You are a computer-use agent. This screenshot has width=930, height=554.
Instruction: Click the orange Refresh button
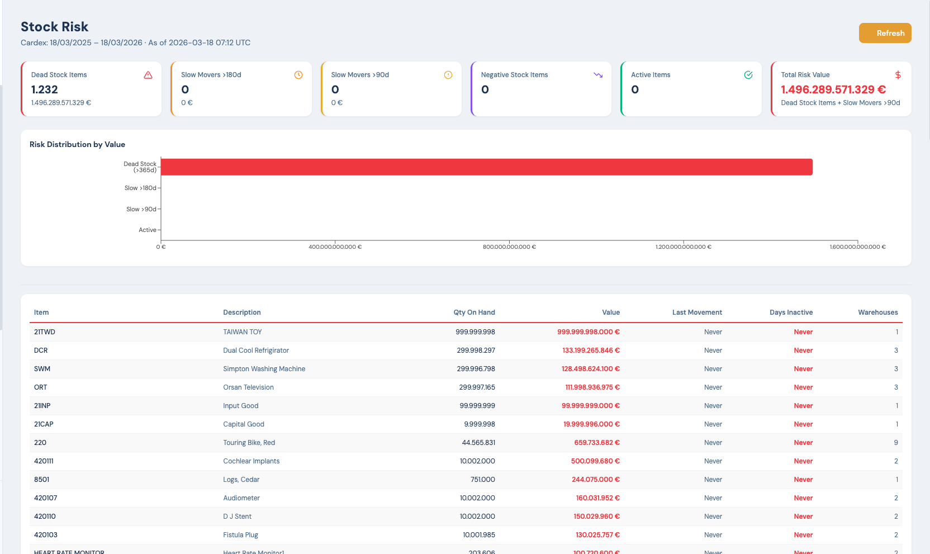(x=885, y=33)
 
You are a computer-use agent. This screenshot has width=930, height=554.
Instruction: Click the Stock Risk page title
(x=55, y=27)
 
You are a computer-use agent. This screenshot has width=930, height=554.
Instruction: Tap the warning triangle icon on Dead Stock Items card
(x=148, y=75)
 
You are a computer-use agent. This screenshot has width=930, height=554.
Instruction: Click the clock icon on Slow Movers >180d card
(x=298, y=75)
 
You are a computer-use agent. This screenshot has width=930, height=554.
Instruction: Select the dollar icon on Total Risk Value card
(x=898, y=75)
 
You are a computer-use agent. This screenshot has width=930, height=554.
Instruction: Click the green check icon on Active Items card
(x=748, y=75)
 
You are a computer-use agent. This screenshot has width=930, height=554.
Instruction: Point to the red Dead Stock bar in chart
(x=486, y=167)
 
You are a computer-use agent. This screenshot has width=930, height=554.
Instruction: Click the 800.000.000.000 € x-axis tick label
(x=509, y=247)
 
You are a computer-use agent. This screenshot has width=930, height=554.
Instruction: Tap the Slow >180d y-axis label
(x=140, y=188)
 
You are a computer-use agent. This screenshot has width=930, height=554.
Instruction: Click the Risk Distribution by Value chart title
(x=77, y=144)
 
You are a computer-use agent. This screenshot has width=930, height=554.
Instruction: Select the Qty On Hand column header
(x=474, y=312)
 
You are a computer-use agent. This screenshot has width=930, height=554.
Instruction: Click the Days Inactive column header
(x=791, y=312)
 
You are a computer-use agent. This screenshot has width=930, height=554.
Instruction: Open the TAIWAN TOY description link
(x=243, y=332)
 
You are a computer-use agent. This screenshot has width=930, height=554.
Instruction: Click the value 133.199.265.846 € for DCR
(x=591, y=351)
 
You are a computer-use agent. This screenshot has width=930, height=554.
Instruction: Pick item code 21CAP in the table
(x=44, y=424)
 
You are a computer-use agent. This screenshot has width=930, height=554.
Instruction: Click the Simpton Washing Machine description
(x=264, y=369)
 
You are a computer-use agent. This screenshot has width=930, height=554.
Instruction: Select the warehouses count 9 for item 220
(x=896, y=443)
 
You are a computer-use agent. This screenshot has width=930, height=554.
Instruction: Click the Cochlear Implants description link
(x=251, y=461)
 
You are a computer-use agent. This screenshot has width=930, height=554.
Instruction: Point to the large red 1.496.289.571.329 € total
(x=833, y=89)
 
